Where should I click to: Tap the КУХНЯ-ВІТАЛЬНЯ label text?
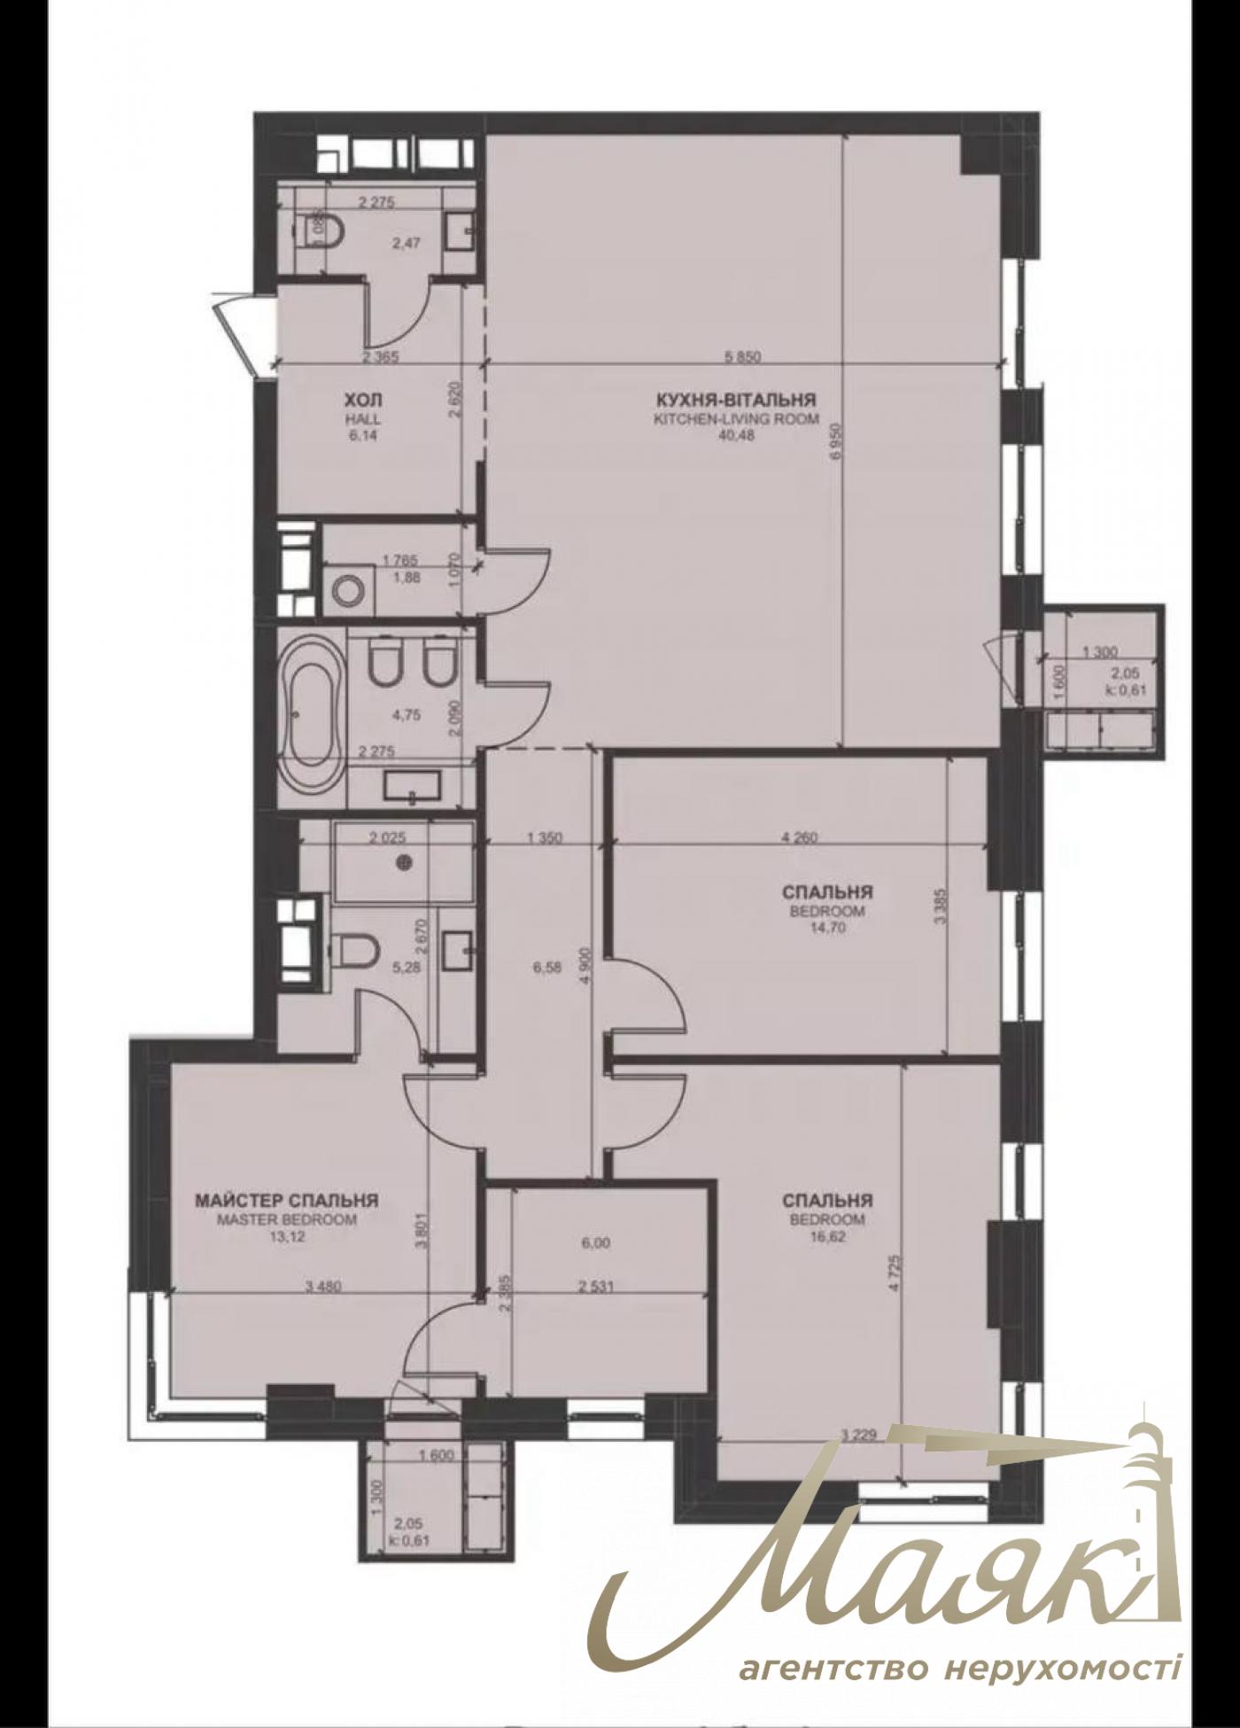(735, 399)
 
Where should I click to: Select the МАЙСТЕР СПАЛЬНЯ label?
(286, 1201)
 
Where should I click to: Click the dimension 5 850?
(743, 357)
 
